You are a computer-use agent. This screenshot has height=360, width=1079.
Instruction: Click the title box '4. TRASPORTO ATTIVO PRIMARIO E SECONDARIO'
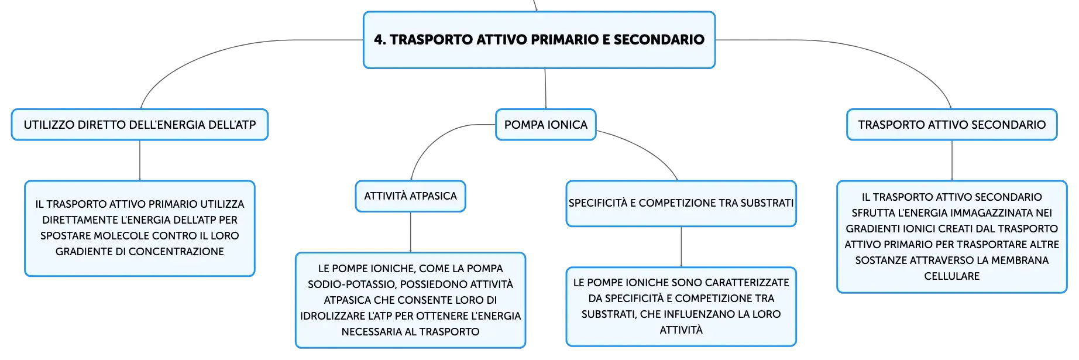539,40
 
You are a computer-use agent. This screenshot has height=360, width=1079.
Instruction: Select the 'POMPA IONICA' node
546,125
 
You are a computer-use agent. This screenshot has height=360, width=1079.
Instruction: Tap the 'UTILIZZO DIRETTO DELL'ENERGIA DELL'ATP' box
140,125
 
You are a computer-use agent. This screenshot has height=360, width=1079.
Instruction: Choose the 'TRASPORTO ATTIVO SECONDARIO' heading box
952,125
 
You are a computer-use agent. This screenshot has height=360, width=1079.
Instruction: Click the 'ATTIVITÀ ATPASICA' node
410,196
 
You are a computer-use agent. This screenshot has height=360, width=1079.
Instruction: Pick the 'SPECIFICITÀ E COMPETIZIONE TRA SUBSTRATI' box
681,203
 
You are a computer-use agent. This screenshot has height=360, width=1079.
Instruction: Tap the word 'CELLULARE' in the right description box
952,276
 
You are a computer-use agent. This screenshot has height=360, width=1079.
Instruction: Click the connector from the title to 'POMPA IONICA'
545,89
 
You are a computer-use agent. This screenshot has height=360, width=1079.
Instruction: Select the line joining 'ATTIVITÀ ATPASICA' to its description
411,232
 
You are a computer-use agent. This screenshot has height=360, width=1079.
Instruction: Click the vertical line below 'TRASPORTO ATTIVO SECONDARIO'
952,160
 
